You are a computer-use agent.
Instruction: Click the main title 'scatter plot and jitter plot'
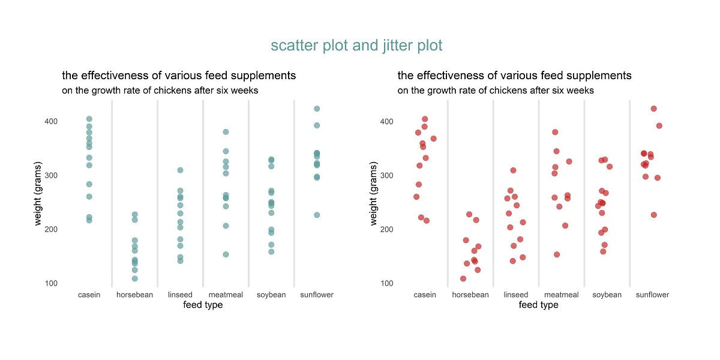point(356,46)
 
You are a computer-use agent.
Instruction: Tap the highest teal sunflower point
point(317,109)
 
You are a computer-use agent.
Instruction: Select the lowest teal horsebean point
point(135,278)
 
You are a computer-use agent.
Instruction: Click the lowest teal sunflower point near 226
point(317,215)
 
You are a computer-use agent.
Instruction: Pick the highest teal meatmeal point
point(226,132)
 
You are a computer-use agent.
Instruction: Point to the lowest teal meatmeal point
point(226,254)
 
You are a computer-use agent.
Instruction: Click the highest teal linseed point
point(180,170)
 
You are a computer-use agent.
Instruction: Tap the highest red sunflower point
point(653,109)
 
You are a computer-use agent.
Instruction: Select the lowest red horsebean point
point(463,278)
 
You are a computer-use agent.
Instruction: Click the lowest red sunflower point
point(654,215)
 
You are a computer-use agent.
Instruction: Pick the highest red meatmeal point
point(555,132)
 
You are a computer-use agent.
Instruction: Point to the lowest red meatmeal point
point(557,254)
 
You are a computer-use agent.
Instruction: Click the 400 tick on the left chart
point(50,121)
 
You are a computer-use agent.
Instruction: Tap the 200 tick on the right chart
point(386,229)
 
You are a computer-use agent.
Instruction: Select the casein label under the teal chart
point(89,295)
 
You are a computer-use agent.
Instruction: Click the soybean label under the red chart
point(607,295)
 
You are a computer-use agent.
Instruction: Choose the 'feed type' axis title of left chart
point(203,305)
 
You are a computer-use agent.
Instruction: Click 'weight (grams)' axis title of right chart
point(374,193)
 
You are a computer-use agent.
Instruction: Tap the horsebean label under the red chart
point(470,295)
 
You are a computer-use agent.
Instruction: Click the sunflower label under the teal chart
point(317,295)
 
